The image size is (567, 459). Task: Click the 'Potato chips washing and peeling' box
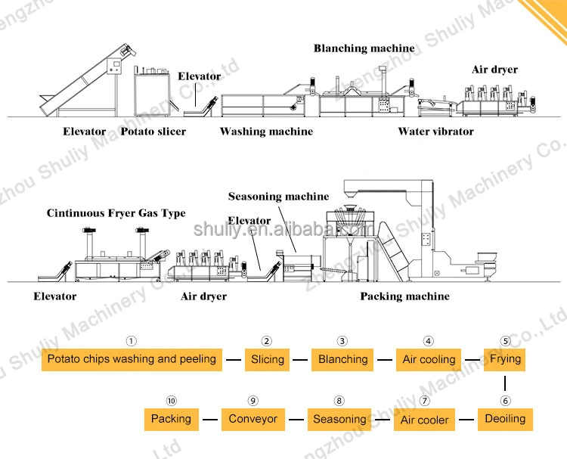(132, 359)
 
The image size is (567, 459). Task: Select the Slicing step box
(268, 359)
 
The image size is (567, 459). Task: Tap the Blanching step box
(342, 359)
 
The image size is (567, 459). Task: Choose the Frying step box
(505, 358)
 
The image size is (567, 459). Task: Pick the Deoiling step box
(505, 419)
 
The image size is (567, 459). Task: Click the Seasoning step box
(339, 419)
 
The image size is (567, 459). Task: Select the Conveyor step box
(253, 419)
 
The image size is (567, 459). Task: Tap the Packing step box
(171, 419)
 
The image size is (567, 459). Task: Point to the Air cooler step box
(425, 419)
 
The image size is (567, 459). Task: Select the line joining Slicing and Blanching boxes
(301, 360)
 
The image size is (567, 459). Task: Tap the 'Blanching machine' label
(364, 48)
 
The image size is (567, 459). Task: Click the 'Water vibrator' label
(435, 132)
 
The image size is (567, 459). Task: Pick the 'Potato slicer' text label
(153, 132)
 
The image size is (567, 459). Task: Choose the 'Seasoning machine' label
(279, 197)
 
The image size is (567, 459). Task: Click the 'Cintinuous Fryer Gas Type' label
(116, 213)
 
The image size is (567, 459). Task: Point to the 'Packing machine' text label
(404, 296)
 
